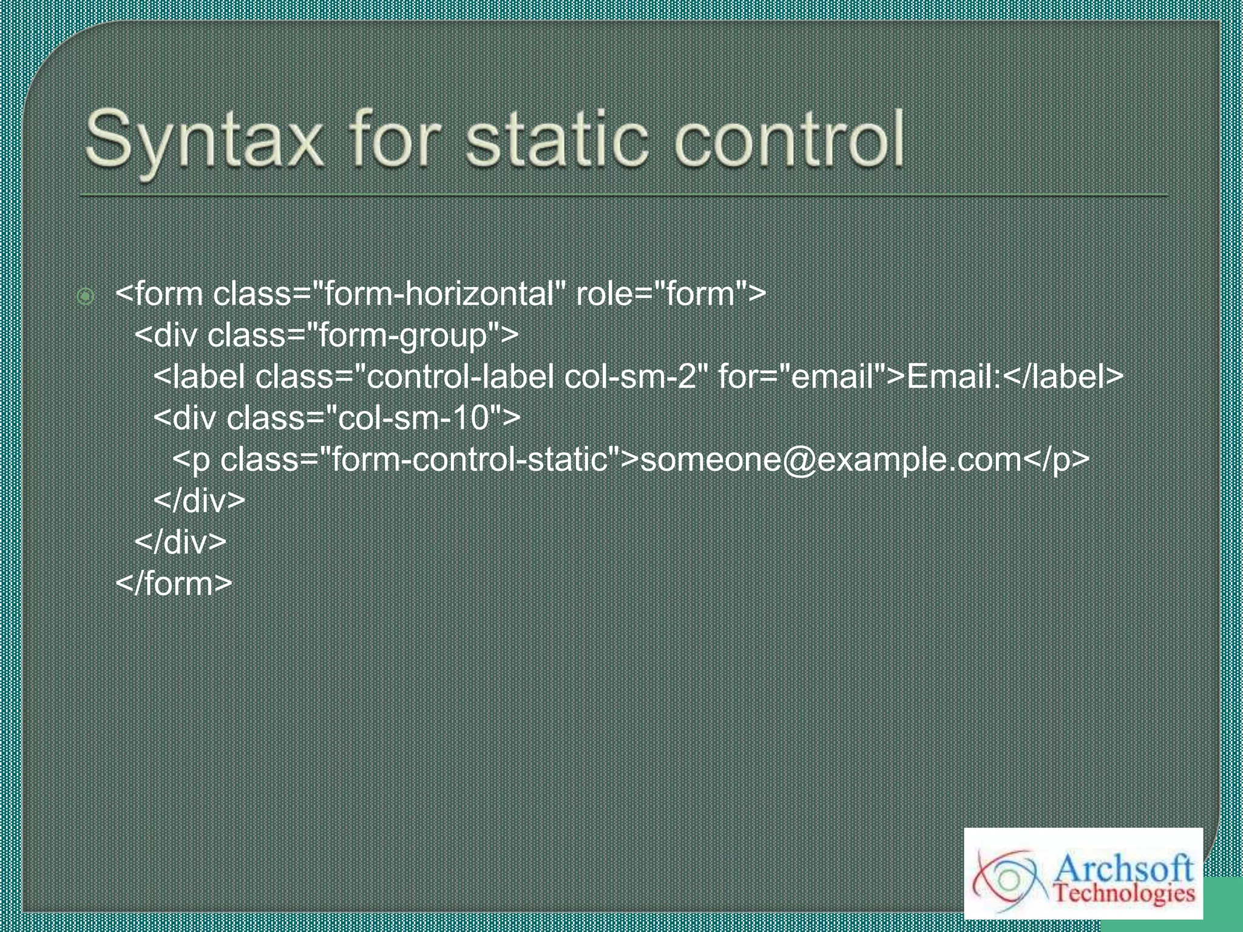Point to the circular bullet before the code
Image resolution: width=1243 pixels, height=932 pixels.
(x=86, y=296)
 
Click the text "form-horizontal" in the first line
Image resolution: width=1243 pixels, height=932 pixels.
(x=439, y=294)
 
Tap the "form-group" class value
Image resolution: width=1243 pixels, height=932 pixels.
(x=404, y=336)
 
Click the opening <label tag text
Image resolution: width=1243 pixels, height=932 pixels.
(x=200, y=377)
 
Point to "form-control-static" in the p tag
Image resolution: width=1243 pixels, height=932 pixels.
(x=470, y=459)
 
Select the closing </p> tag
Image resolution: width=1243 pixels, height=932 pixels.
(x=1057, y=459)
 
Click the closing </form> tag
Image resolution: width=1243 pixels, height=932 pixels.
(x=174, y=584)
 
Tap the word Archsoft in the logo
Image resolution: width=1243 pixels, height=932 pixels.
(x=1123, y=869)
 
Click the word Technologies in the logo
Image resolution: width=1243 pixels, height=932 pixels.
(x=1124, y=893)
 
